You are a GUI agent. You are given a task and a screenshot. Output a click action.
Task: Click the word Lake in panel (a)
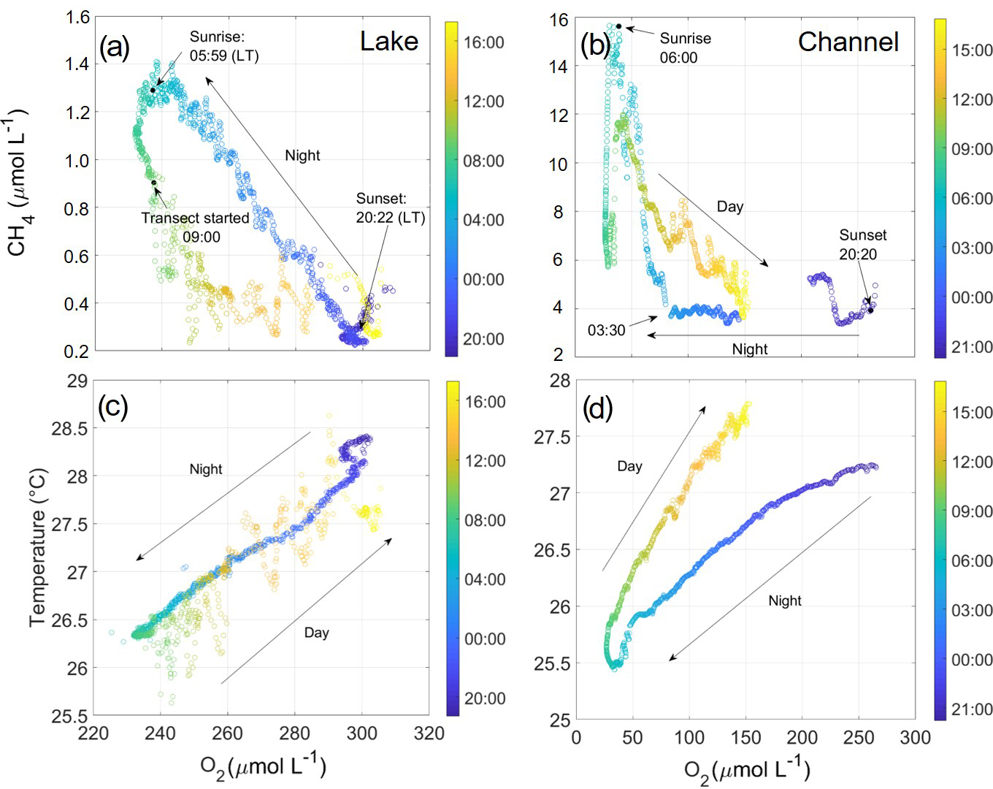pyautogui.click(x=389, y=42)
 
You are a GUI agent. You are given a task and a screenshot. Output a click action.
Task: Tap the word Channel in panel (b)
pyautogui.click(x=848, y=42)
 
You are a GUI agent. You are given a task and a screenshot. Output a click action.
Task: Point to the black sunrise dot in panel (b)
pyautogui.click(x=618, y=26)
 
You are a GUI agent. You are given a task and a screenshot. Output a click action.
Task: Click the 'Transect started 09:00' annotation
pyautogui.click(x=195, y=227)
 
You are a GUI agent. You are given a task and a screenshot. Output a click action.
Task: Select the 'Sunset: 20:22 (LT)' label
pyautogui.click(x=390, y=208)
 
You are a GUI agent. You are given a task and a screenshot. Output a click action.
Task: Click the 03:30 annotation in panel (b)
pyautogui.click(x=606, y=330)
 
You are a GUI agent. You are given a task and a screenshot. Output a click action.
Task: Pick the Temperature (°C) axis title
pyautogui.click(x=38, y=548)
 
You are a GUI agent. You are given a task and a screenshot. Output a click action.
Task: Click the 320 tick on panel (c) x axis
pyautogui.click(x=429, y=733)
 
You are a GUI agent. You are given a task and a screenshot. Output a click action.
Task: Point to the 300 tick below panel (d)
pyautogui.click(x=915, y=738)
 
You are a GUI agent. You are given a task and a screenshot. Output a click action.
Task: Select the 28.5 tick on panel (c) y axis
pyautogui.click(x=69, y=429)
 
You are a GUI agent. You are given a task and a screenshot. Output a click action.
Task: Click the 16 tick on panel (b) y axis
pyautogui.click(x=559, y=20)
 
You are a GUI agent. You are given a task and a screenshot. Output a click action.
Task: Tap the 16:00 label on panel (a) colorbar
pyautogui.click(x=483, y=42)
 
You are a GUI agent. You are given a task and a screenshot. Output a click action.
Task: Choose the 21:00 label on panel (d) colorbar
pyautogui.click(x=971, y=709)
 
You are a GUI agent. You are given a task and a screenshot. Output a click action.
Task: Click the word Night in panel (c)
pyautogui.click(x=205, y=469)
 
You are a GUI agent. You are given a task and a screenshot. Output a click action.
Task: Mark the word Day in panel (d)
pyautogui.click(x=629, y=466)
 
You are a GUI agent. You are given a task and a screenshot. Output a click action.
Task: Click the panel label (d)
pyautogui.click(x=597, y=409)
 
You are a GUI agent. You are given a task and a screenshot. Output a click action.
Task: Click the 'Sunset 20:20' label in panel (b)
pyautogui.click(x=862, y=245)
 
